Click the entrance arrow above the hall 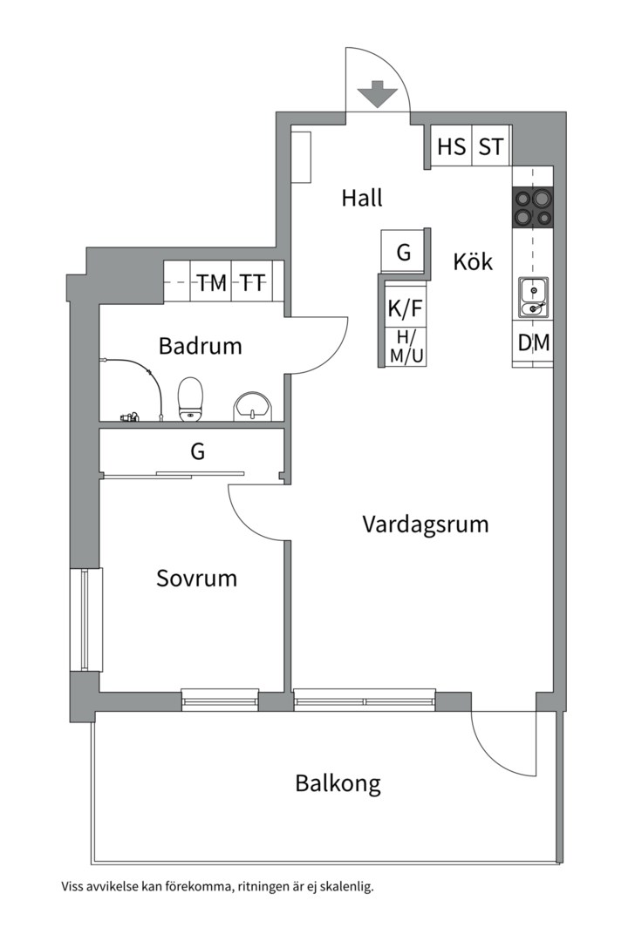pyautogui.click(x=378, y=93)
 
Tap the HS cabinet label pyautogui.click(x=451, y=146)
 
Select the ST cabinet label pyautogui.click(x=491, y=146)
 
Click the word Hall pyautogui.click(x=362, y=199)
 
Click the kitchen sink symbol pyautogui.click(x=532, y=296)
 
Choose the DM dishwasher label pyautogui.click(x=533, y=343)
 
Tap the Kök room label pyautogui.click(x=473, y=261)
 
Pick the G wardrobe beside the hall pyautogui.click(x=404, y=253)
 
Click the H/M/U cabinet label pyautogui.click(x=406, y=347)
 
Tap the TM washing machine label pyautogui.click(x=211, y=283)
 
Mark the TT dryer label pyautogui.click(x=253, y=283)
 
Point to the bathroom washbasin pyautogui.click(x=254, y=405)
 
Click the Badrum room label pyautogui.click(x=200, y=347)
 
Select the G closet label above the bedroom pyautogui.click(x=198, y=452)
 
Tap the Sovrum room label pyautogui.click(x=196, y=579)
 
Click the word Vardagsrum pyautogui.click(x=425, y=525)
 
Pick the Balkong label pyautogui.click(x=338, y=783)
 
